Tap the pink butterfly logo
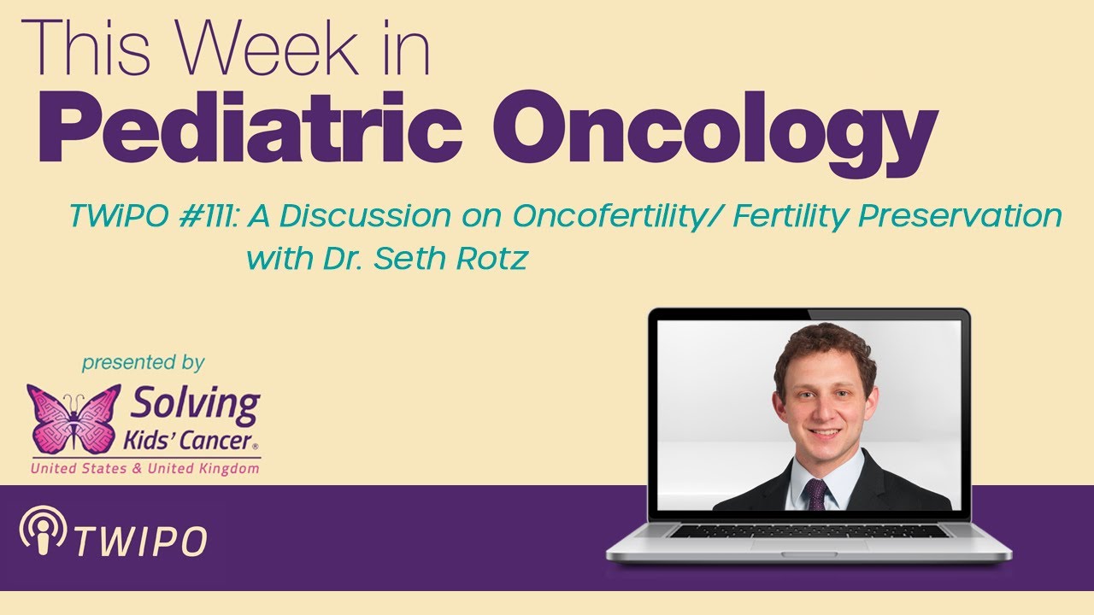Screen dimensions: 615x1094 74,418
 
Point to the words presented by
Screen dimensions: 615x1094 143,363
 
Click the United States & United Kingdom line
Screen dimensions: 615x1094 144,469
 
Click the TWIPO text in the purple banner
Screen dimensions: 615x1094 140,540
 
